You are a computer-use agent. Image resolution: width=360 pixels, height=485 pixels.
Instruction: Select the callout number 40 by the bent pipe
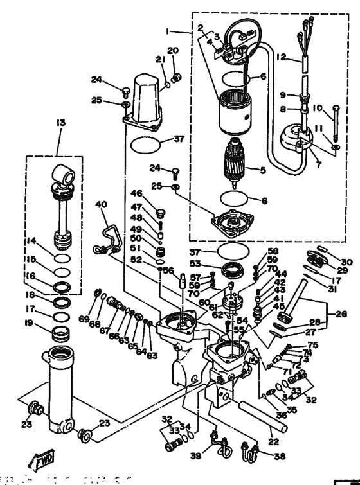(101, 205)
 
